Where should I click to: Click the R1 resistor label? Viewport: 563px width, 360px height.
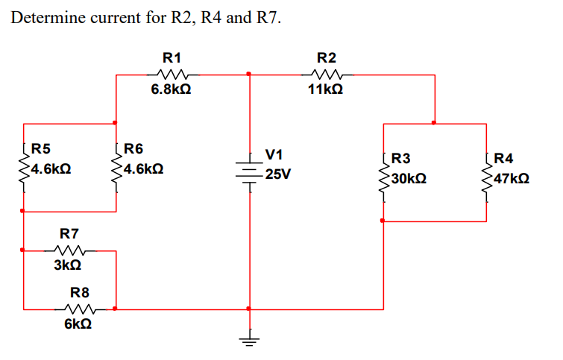pyautogui.click(x=172, y=57)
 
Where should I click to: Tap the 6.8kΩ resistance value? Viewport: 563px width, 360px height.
pyautogui.click(x=172, y=89)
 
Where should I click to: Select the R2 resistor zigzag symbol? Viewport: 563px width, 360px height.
pyautogui.click(x=326, y=74)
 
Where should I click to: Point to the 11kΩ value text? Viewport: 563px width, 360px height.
pyautogui.click(x=326, y=89)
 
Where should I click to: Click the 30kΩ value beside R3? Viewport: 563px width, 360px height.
pyautogui.click(x=409, y=179)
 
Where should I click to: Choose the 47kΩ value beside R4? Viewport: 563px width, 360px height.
pyautogui.click(x=512, y=179)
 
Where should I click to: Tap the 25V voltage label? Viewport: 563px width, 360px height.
pyautogui.click(x=277, y=174)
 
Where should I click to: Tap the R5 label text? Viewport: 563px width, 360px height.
pyautogui.click(x=42, y=148)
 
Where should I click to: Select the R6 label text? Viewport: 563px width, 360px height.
pyautogui.click(x=135, y=148)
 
